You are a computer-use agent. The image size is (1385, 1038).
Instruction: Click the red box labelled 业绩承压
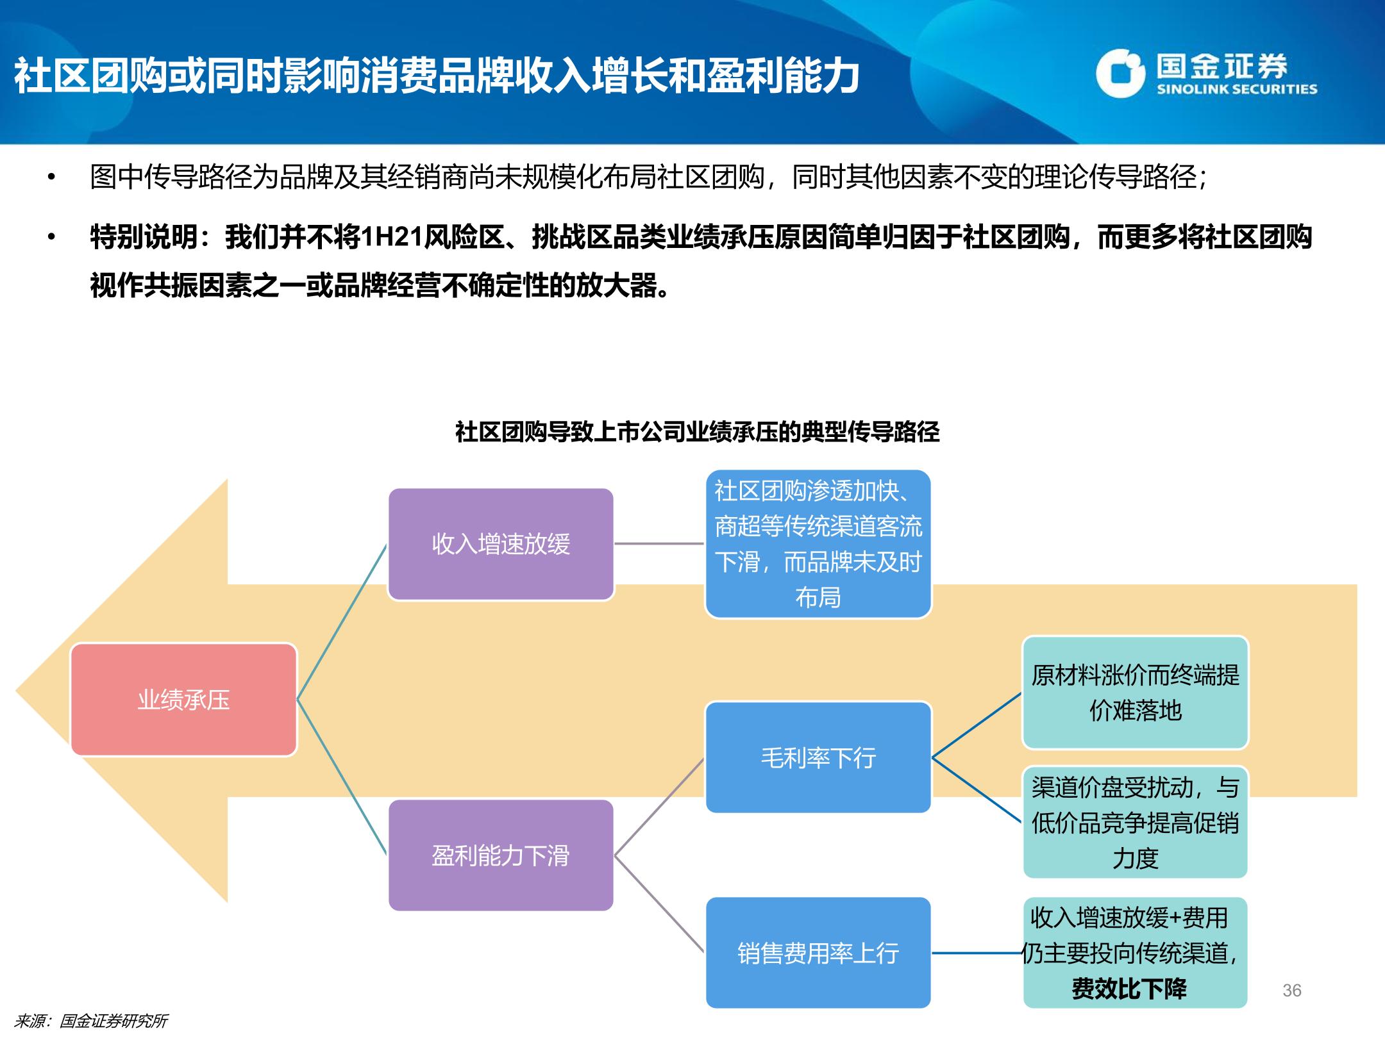pos(183,700)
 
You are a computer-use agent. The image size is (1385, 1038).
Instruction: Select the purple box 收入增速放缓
pos(501,544)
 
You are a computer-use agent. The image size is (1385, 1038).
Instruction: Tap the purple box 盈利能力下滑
pos(501,855)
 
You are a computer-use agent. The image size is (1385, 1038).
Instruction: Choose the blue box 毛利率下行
pos(818,757)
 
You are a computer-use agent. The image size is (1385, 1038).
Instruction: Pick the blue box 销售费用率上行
pos(818,953)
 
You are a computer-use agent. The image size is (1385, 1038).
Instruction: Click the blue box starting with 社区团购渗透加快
pos(818,544)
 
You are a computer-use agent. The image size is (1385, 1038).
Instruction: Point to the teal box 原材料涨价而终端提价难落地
pos(1135,693)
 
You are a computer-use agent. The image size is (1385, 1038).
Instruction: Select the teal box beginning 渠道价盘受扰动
pos(1135,823)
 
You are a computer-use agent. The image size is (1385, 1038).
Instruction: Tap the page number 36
pos(1292,991)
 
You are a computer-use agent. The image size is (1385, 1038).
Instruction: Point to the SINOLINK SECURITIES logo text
pos(1237,89)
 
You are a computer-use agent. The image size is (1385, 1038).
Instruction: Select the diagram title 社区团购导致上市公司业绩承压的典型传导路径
pos(697,432)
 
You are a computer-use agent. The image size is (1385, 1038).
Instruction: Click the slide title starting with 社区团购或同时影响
pos(437,76)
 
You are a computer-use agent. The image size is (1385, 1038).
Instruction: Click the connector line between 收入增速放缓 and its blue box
pos(659,544)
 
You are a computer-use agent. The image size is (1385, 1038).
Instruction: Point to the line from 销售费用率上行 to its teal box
pos(977,953)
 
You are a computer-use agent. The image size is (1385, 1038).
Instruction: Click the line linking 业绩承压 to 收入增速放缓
pos(342,622)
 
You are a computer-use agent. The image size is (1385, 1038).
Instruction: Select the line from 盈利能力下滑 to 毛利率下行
pos(659,807)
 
